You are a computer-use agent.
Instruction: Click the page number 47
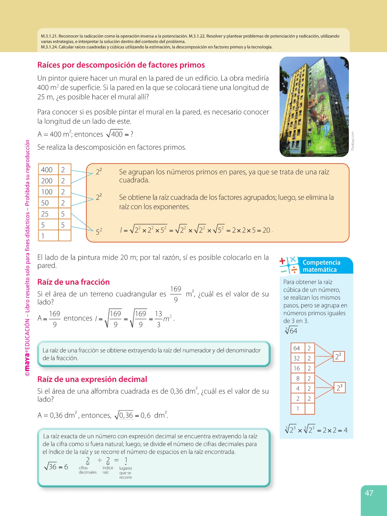pos(369,493)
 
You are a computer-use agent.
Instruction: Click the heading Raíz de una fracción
pos(73,282)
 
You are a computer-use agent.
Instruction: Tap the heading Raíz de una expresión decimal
pos(92,379)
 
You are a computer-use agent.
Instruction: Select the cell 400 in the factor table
pos(47,170)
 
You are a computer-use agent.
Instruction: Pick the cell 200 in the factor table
pos(47,181)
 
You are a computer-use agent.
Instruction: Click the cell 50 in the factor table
pos(45,203)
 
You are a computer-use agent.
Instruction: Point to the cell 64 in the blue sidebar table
pos(296,348)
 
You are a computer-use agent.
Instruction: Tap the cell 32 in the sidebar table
pos(296,358)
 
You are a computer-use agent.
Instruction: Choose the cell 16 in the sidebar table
pos(296,368)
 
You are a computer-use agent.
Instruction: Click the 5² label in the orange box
pos(99,231)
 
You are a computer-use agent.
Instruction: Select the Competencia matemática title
pos(321,266)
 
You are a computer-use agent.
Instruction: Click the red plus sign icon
pos(282,261)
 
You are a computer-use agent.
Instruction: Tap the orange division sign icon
pos(294,270)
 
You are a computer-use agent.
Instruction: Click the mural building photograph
pos(314,107)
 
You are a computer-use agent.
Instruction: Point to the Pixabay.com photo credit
pos(353,141)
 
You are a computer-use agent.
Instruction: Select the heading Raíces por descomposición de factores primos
pos(121,65)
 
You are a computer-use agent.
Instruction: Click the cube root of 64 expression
pos(291,331)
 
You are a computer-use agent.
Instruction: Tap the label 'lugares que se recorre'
pos(126,473)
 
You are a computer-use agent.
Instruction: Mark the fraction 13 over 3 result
pos(159,319)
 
